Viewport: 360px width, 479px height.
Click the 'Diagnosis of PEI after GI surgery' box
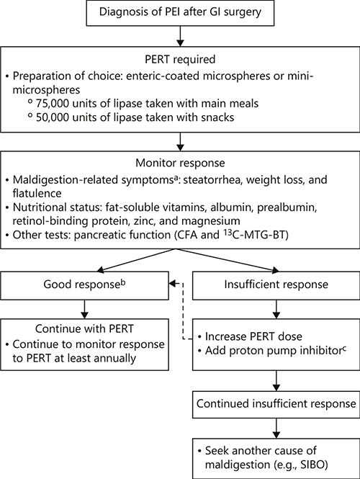[179, 14]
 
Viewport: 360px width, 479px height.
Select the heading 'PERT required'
[179, 61]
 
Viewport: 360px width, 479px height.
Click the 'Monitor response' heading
[179, 166]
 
